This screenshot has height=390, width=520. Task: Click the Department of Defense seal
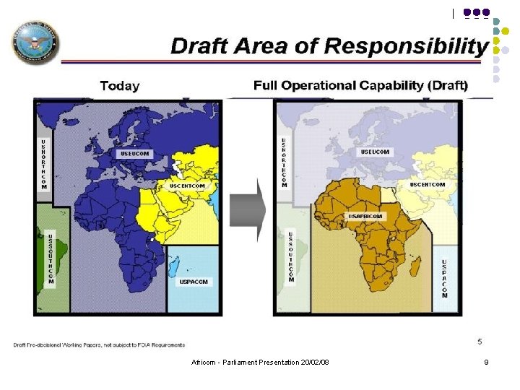pos(35,43)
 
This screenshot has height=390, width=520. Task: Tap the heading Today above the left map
pos(119,86)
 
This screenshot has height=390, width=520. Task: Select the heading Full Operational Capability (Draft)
pos(360,85)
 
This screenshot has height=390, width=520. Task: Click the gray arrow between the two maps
pos(248,209)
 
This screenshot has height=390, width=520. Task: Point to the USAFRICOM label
pos(367,216)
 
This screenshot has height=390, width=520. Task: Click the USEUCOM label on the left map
pos(134,154)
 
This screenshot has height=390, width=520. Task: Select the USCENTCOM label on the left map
pos(187,186)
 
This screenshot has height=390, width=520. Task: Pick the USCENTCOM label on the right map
pos(428,184)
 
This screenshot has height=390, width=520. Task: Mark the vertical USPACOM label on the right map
pos(444,279)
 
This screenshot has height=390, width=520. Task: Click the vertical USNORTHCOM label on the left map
pos(44,165)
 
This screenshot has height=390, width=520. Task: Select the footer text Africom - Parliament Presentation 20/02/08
pos(260,362)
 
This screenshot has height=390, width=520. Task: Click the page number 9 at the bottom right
pos(486,362)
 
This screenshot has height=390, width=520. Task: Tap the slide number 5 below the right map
pos(480,341)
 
